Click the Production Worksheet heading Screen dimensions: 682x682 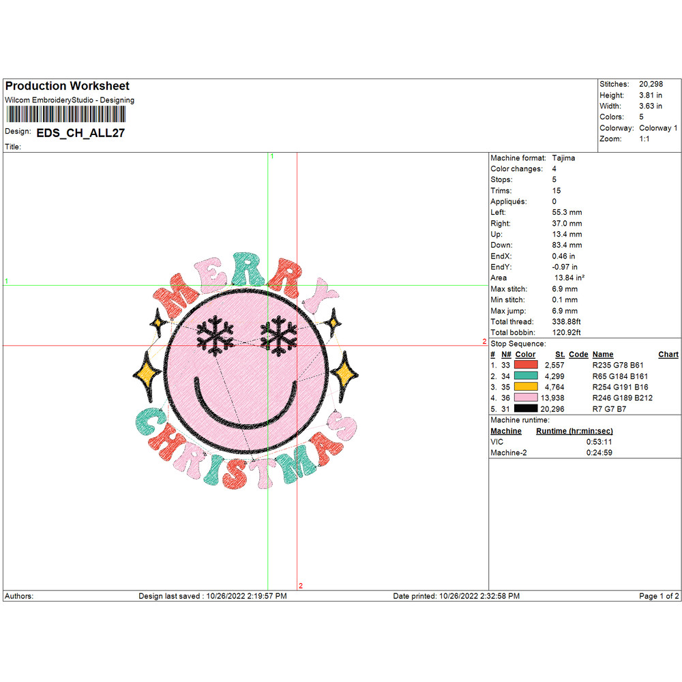(x=67, y=86)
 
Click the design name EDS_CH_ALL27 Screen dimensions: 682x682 (x=80, y=133)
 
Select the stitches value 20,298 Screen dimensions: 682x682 (x=651, y=84)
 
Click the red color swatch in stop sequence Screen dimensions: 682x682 (x=526, y=366)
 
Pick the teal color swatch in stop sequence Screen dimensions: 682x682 (x=526, y=376)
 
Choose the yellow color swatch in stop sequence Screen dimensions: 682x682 (x=526, y=387)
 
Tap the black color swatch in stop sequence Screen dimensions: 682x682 (x=526, y=409)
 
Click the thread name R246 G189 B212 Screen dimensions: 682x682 (x=622, y=398)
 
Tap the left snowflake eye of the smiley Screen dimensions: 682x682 (x=215, y=334)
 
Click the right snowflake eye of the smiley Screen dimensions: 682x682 (x=278, y=334)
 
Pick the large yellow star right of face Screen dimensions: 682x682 (x=344, y=371)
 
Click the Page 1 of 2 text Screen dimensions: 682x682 (x=659, y=596)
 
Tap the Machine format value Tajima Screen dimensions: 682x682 (x=564, y=158)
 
